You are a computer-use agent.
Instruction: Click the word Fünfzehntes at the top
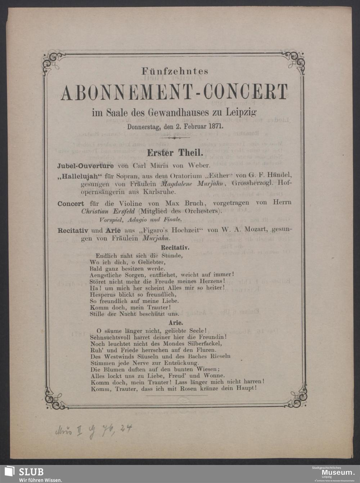pyautogui.click(x=175, y=71)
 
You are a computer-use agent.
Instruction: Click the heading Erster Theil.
pyautogui.click(x=175, y=153)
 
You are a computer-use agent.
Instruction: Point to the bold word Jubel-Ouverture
pyautogui.click(x=86, y=166)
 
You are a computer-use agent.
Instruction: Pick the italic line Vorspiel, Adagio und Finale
pyautogui.click(x=140, y=219)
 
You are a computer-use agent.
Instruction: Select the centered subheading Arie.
pyautogui.click(x=176, y=323)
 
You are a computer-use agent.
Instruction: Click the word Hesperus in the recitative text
pyautogui.click(x=103, y=294)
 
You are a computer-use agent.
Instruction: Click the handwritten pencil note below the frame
pyautogui.click(x=94, y=430)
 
